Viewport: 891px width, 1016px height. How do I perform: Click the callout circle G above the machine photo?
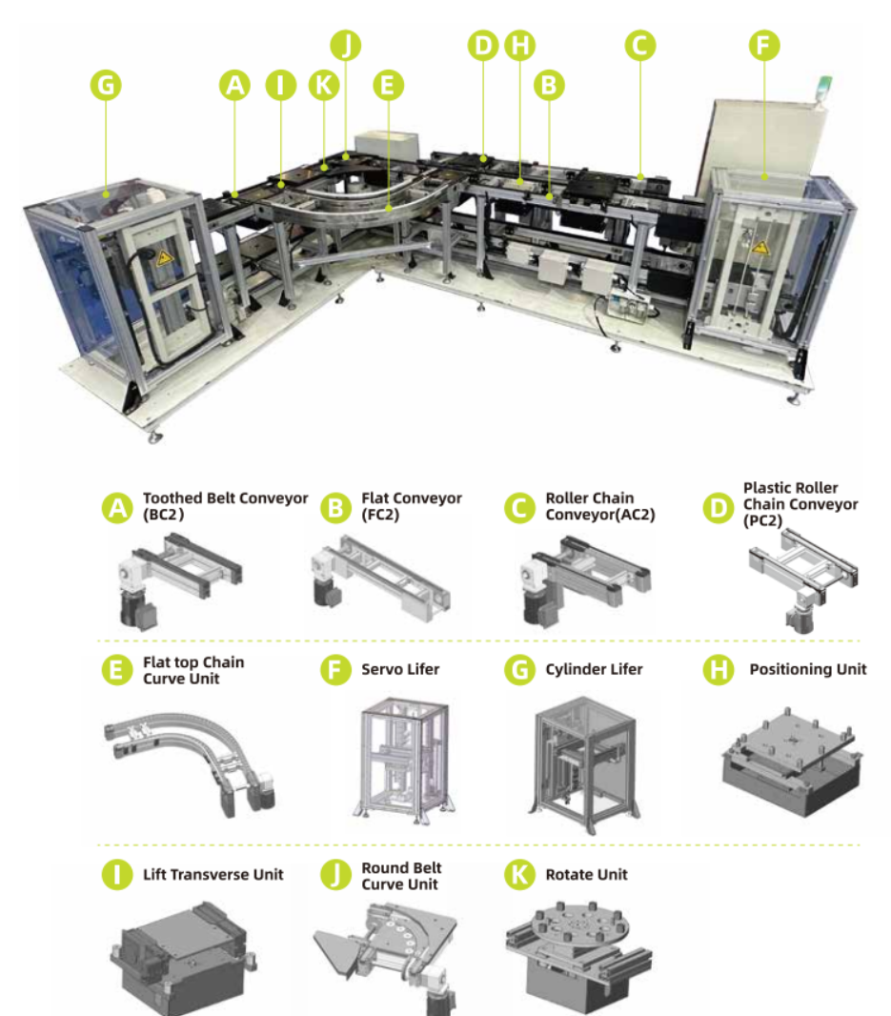pyautogui.click(x=107, y=85)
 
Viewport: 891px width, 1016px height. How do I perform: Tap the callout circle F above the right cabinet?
pyautogui.click(x=764, y=46)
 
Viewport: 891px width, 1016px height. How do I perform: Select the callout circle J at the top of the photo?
pyautogui.click(x=346, y=46)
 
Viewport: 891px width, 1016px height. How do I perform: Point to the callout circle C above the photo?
pyautogui.click(x=640, y=46)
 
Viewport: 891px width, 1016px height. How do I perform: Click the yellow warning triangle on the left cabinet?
pyautogui.click(x=165, y=257)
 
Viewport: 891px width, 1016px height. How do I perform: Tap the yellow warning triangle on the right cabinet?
pyautogui.click(x=759, y=247)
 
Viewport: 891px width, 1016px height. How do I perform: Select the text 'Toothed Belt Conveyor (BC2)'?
pyautogui.click(x=225, y=506)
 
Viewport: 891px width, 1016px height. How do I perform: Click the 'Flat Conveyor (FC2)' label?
pyautogui.click(x=412, y=506)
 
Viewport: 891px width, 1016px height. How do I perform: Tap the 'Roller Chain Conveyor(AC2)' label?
pyautogui.click(x=600, y=506)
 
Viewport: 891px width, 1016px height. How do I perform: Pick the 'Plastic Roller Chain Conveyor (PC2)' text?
pyautogui.click(x=800, y=504)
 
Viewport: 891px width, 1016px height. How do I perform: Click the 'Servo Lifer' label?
pyautogui.click(x=400, y=669)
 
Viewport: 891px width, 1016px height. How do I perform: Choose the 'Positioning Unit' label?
pyautogui.click(x=807, y=669)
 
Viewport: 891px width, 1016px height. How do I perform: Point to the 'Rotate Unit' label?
pyautogui.click(x=586, y=875)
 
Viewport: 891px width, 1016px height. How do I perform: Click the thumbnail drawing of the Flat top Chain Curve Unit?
pyautogui.click(x=191, y=763)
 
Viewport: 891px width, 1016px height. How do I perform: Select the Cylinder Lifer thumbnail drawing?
pyautogui.click(x=583, y=764)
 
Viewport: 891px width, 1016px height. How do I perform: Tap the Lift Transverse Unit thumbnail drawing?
pyautogui.click(x=183, y=958)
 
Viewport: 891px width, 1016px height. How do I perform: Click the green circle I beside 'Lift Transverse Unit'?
pyautogui.click(x=117, y=875)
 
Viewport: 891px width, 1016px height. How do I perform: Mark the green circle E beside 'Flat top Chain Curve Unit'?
pyautogui.click(x=117, y=670)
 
